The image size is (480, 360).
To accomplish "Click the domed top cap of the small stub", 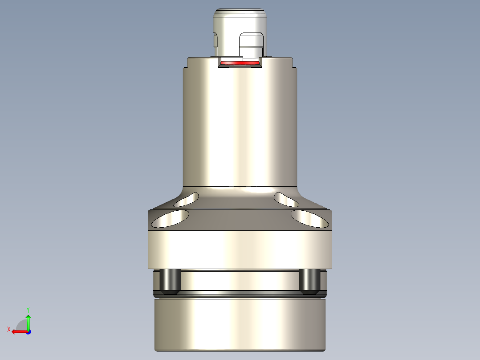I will pyautogui.click(x=240, y=13).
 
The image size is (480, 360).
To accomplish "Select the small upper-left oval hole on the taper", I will pyautogui.click(x=187, y=200).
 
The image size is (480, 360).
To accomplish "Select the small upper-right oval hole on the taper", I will pyautogui.click(x=286, y=200).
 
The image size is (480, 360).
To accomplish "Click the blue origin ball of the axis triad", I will pyautogui.click(x=28, y=331).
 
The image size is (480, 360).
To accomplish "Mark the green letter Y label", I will pyautogui.click(x=28, y=309).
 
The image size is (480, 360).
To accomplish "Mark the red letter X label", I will pyautogui.click(x=9, y=329).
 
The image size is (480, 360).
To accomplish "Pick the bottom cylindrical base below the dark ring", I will pyautogui.click(x=240, y=325).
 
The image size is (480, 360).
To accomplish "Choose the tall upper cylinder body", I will pyautogui.click(x=240, y=129).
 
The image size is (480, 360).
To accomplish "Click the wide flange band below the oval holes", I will pyautogui.click(x=240, y=250).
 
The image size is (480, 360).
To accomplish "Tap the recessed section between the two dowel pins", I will pyautogui.click(x=240, y=281).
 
